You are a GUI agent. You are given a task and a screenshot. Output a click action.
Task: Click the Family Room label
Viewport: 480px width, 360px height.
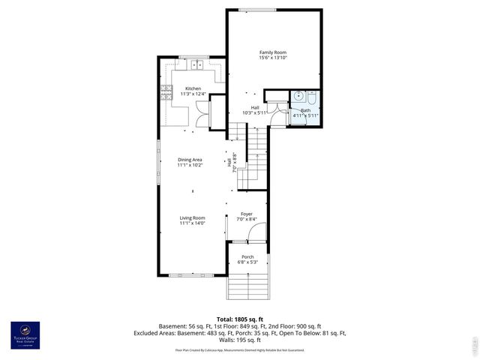(x=274, y=52)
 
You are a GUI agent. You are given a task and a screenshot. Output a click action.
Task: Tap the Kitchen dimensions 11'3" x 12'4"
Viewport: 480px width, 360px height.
(x=193, y=94)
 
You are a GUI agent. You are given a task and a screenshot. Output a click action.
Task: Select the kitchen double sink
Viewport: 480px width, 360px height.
(x=198, y=65)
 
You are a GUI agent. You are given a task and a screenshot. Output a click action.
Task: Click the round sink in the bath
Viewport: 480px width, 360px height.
(x=298, y=96)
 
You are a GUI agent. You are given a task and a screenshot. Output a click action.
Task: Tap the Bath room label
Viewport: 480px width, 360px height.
(x=306, y=110)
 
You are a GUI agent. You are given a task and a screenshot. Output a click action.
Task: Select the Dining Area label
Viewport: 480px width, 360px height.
(x=190, y=160)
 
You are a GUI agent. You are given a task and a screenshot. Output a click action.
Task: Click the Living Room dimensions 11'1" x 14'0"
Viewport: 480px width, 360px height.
(x=192, y=223)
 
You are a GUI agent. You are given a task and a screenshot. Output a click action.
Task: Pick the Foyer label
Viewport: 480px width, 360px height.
(x=246, y=214)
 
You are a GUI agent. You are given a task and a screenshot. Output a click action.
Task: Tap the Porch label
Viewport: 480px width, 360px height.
(x=247, y=256)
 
